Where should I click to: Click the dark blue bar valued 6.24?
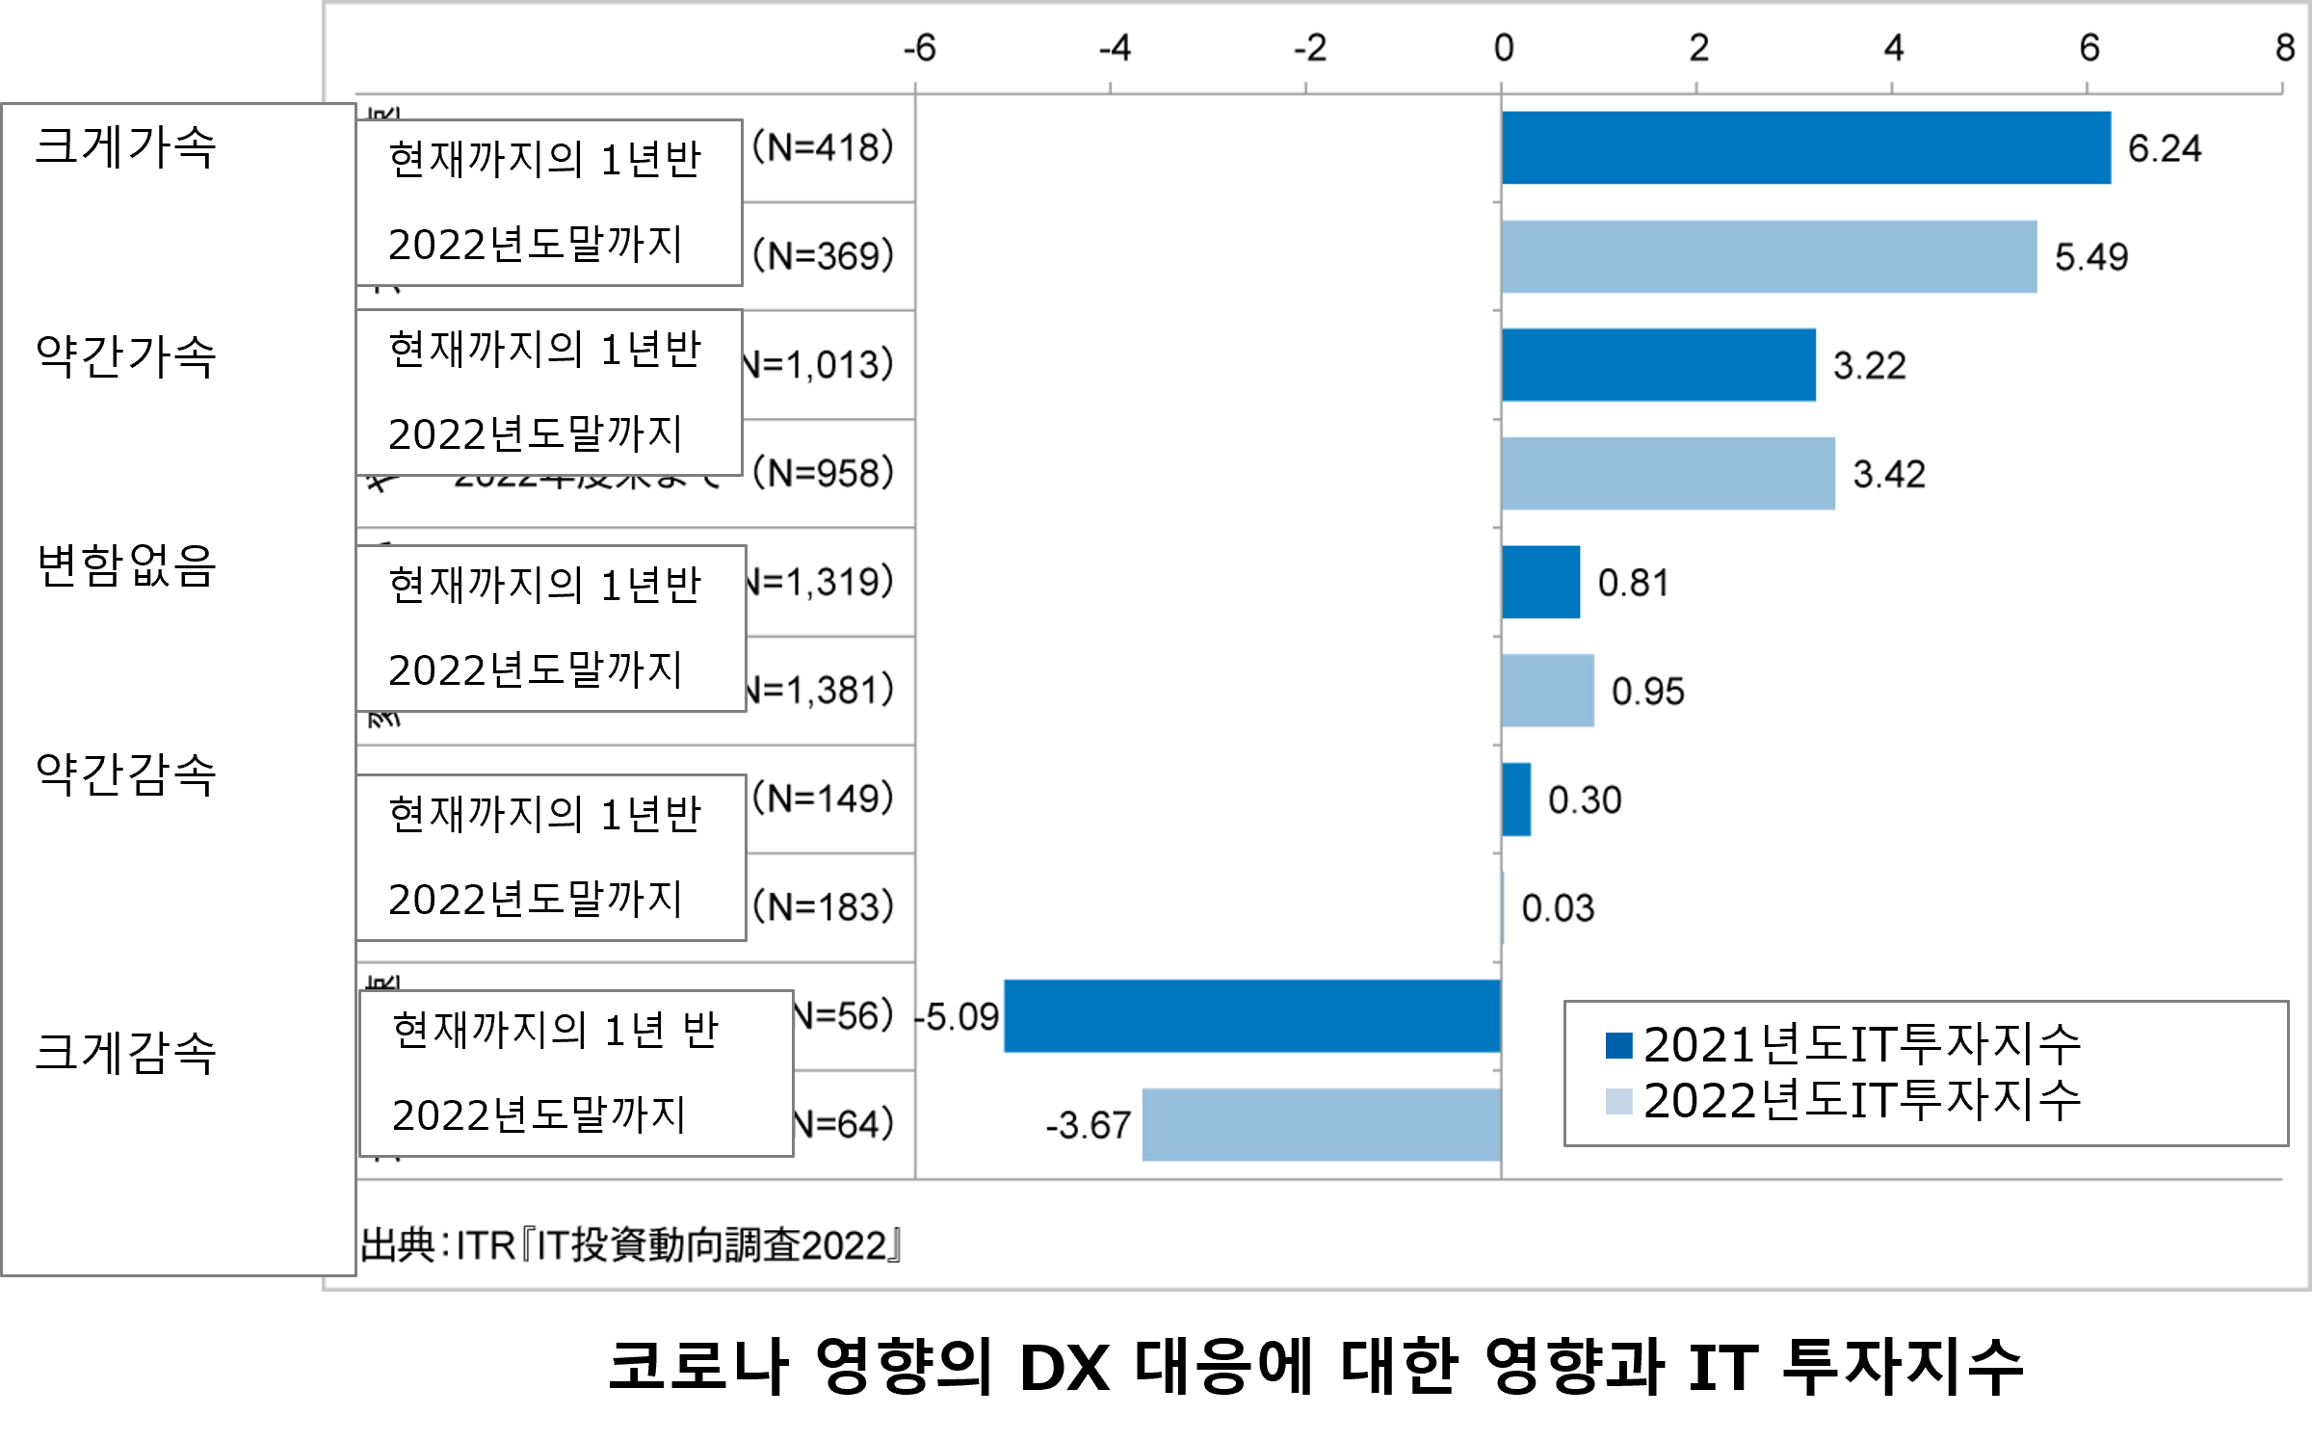[x=1805, y=147]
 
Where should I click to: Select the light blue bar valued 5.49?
[x=1769, y=256]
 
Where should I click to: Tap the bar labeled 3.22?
[x=1658, y=365]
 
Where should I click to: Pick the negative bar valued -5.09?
[x=1252, y=1016]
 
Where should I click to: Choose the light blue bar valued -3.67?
[x=1321, y=1124]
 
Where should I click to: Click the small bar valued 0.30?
[x=1516, y=799]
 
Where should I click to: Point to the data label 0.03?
[x=1558, y=908]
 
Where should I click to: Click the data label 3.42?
[x=1888, y=474]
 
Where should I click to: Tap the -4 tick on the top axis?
[x=1115, y=47]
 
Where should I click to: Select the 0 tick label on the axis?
[x=1504, y=47]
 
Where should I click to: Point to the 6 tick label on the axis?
[x=2089, y=47]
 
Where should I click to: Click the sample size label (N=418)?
[x=824, y=147]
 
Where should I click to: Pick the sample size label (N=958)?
[x=824, y=473]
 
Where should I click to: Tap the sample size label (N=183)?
[x=824, y=906]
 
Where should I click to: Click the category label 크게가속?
[x=125, y=147]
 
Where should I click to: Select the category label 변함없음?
[x=125, y=565]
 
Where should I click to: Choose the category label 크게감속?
[x=125, y=1052]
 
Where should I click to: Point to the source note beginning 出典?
[x=631, y=1245]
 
